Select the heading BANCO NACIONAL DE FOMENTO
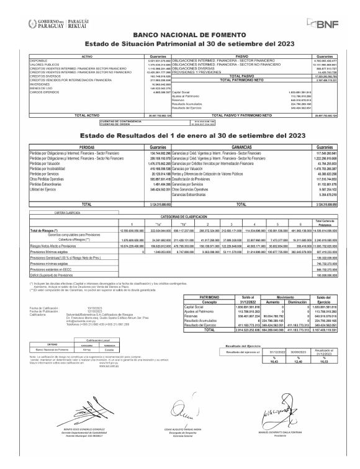coord(180,37)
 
